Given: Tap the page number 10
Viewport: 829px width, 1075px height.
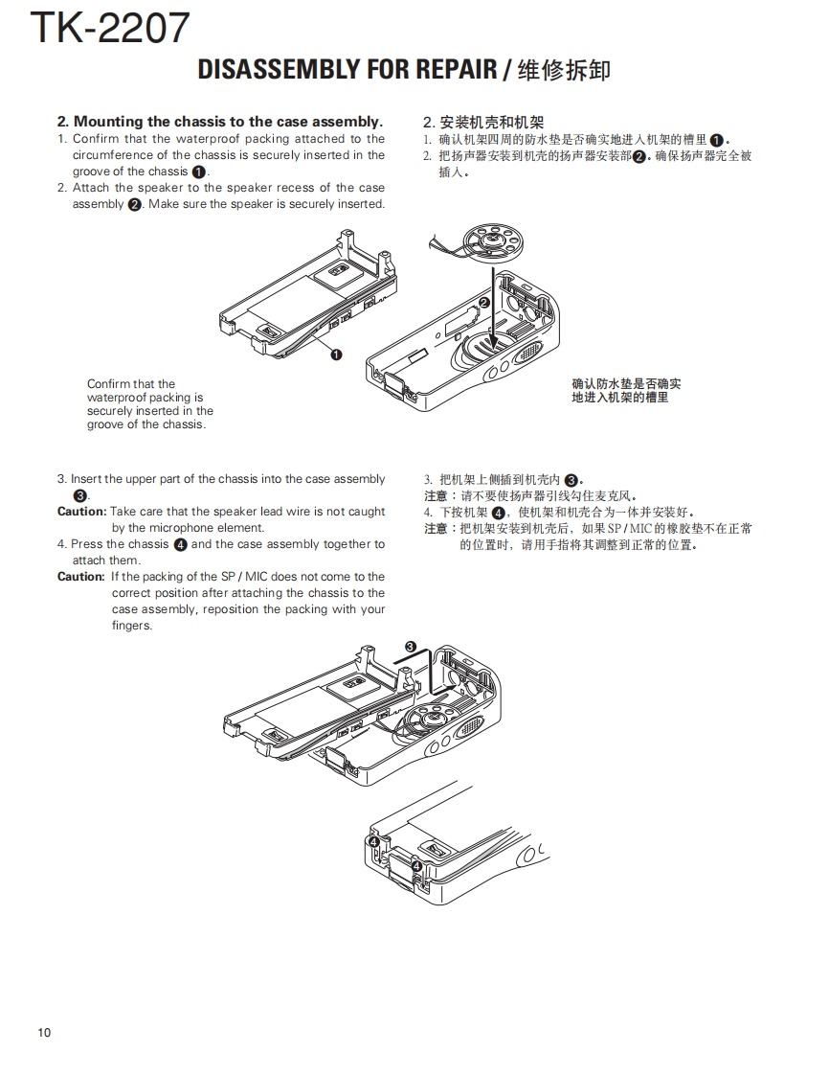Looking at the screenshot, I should [45, 1032].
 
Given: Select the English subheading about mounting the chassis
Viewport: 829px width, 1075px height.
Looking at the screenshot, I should [220, 122].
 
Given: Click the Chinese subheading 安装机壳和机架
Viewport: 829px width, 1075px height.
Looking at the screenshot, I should [483, 122].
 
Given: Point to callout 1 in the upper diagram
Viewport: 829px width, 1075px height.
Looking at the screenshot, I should [336, 355].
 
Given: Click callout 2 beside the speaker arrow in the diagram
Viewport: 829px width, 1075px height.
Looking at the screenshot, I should [483, 303].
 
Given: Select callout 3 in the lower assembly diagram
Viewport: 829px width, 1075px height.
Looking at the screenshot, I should [410, 647].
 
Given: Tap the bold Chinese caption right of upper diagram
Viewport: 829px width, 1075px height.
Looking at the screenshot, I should [626, 390].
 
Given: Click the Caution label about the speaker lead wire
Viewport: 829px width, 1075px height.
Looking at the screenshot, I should [81, 512].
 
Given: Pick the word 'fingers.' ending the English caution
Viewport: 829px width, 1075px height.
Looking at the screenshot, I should [131, 626].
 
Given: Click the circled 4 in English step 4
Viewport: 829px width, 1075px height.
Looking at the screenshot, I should [180, 544].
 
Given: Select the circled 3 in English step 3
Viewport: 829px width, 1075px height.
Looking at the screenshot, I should [80, 495].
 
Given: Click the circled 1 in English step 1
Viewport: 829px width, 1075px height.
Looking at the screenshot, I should [198, 172].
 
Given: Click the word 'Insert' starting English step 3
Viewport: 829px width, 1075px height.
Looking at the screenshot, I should [86, 479].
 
